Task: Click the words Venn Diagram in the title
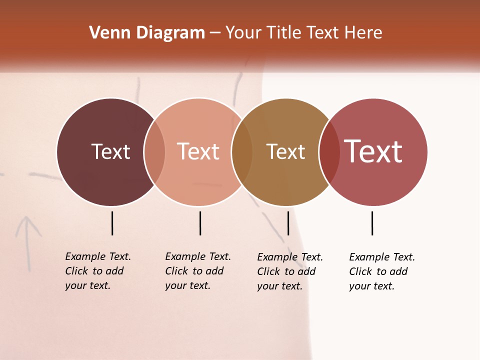(147, 33)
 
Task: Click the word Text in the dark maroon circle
(110, 151)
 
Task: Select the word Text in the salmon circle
(198, 151)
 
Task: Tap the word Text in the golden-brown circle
(285, 151)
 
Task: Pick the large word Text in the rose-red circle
(373, 151)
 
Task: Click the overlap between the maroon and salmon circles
(154, 152)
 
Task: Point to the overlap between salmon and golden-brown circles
(242, 152)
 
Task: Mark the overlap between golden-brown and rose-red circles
(329, 152)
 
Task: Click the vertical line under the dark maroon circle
(112, 223)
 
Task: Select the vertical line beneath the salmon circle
(200, 223)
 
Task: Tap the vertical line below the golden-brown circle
(288, 223)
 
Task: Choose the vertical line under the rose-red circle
(372, 223)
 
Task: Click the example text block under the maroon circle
(98, 271)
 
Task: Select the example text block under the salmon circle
(198, 271)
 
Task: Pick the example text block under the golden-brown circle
(290, 271)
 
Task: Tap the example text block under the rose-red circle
(382, 271)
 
